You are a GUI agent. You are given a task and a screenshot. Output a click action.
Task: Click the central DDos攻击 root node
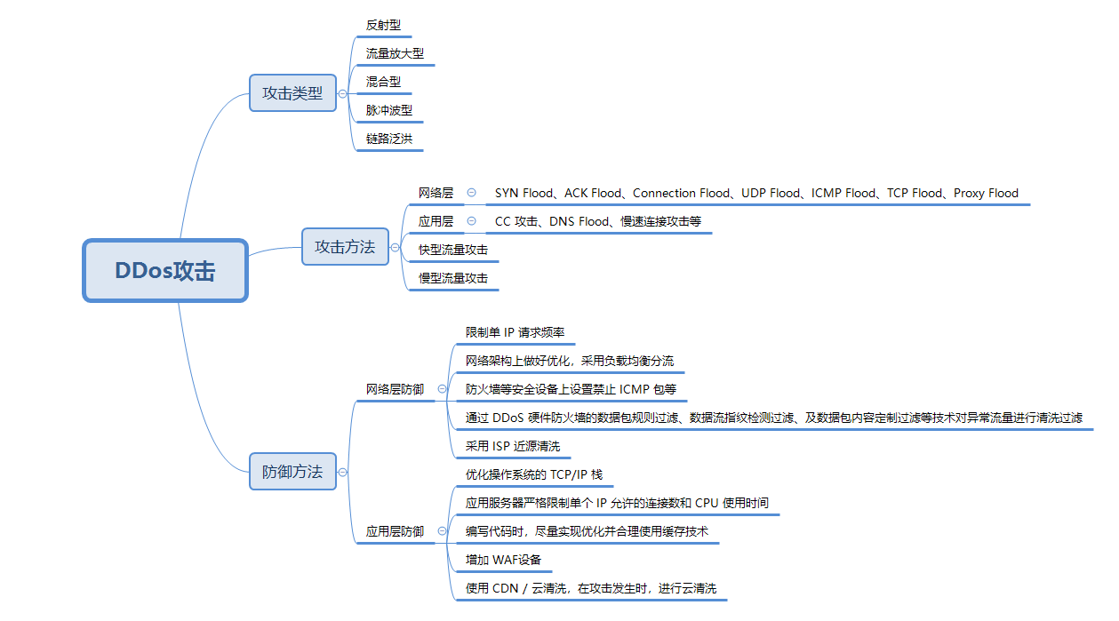[165, 271]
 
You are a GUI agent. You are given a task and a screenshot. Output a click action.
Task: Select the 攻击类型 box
[292, 93]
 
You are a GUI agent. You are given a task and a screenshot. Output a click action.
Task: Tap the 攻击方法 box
[345, 247]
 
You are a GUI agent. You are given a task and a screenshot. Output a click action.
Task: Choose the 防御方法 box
[292, 471]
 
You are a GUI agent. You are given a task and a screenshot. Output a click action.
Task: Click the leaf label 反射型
[383, 25]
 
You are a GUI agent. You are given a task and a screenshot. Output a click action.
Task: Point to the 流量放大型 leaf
[395, 53]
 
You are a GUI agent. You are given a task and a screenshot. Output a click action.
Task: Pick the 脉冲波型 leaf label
[389, 110]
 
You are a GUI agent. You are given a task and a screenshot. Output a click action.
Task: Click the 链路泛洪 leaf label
[389, 139]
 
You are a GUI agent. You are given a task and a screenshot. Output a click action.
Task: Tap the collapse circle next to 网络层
[472, 193]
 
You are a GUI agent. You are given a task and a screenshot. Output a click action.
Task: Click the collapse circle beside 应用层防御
[442, 531]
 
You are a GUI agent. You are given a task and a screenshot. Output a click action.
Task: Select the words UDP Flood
[771, 193]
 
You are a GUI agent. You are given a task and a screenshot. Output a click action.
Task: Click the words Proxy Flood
[986, 193]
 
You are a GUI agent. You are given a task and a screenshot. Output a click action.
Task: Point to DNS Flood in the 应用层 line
[579, 221]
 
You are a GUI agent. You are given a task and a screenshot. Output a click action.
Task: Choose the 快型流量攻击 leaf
[453, 250]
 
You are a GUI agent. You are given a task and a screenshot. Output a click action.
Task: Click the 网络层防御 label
[395, 389]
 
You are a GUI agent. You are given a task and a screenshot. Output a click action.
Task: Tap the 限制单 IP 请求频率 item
[515, 332]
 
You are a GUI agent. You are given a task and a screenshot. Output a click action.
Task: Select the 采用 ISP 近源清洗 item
[513, 446]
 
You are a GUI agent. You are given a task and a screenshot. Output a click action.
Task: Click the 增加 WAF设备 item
[504, 560]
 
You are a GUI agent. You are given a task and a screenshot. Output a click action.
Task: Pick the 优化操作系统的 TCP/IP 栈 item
[534, 474]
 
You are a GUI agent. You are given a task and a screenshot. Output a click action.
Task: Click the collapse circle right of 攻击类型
[343, 94]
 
